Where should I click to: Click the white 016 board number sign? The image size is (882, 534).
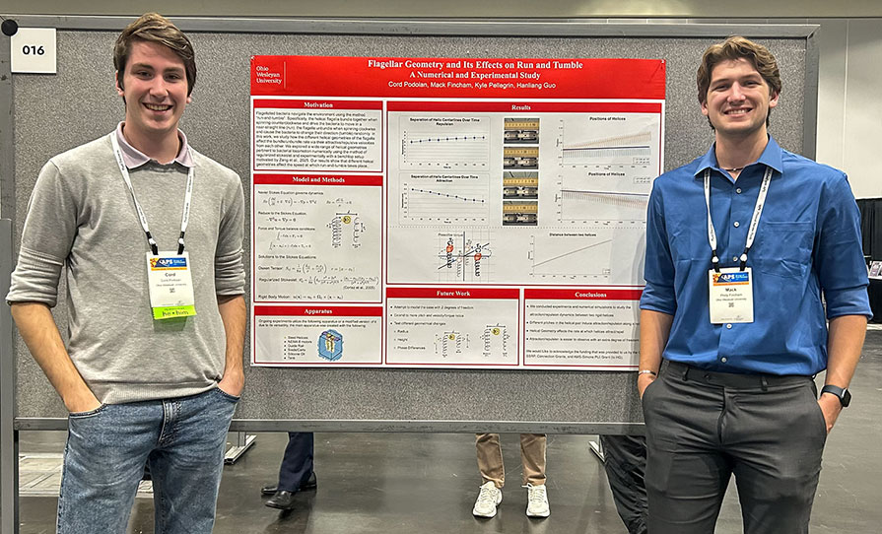[x=33, y=49]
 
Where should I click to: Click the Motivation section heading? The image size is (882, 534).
[x=317, y=104]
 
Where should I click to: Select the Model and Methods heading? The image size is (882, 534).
[x=317, y=180]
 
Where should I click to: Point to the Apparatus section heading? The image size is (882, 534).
[x=317, y=309]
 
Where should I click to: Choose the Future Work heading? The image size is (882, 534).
[x=452, y=294]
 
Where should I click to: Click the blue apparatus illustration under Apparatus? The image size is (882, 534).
[x=330, y=344]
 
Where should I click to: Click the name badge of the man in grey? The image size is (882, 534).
[x=170, y=285]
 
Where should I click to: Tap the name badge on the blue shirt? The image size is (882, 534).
[x=730, y=295]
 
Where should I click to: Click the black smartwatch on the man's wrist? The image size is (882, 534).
[x=837, y=394]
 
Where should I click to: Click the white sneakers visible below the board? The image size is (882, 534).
[x=511, y=500]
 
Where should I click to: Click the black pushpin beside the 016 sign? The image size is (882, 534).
[x=9, y=27]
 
